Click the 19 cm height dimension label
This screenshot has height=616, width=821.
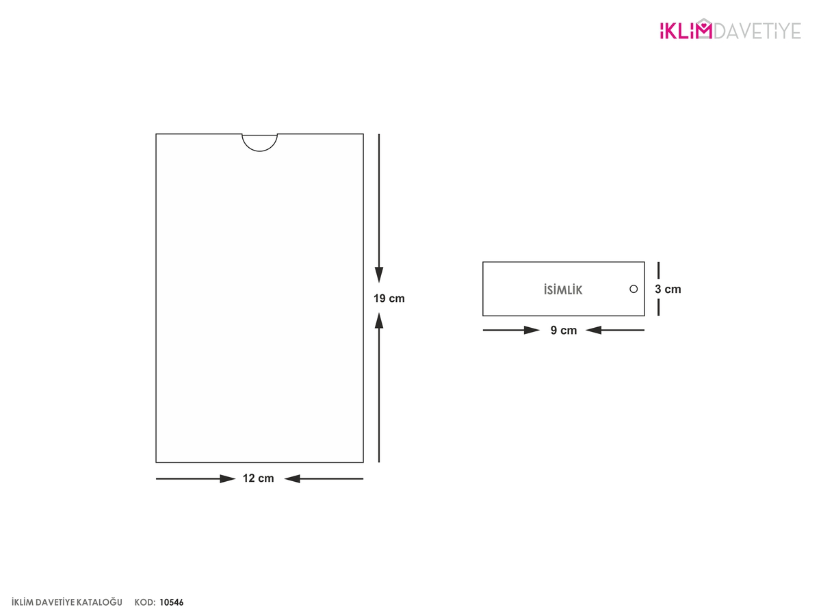(x=389, y=298)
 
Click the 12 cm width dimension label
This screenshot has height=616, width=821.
(x=258, y=478)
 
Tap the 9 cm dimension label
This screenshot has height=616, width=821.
(x=564, y=331)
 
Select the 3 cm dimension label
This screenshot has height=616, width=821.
(x=668, y=289)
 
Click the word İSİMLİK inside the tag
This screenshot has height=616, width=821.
(x=563, y=290)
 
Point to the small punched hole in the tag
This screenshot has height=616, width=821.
(x=634, y=289)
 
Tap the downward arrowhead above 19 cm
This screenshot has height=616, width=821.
(x=379, y=275)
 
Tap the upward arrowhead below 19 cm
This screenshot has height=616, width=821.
(x=379, y=321)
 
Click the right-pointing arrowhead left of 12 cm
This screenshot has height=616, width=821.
(x=228, y=478)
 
